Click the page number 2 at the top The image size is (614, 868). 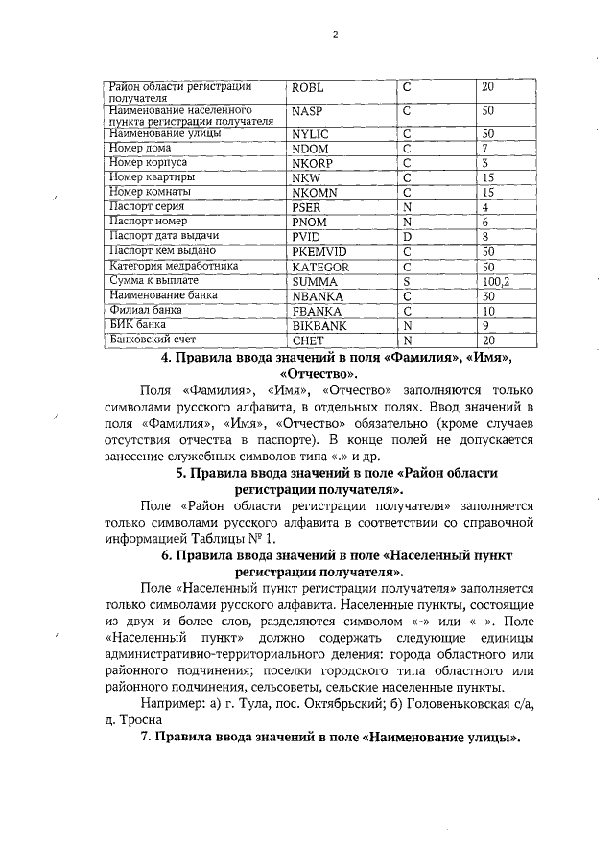[x=335, y=36]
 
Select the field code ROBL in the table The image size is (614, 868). [x=308, y=88]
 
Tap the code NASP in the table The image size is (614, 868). [x=306, y=112]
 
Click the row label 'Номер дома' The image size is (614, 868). [x=139, y=149]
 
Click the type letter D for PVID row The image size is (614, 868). [x=407, y=236]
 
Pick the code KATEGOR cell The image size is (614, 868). [x=319, y=266]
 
